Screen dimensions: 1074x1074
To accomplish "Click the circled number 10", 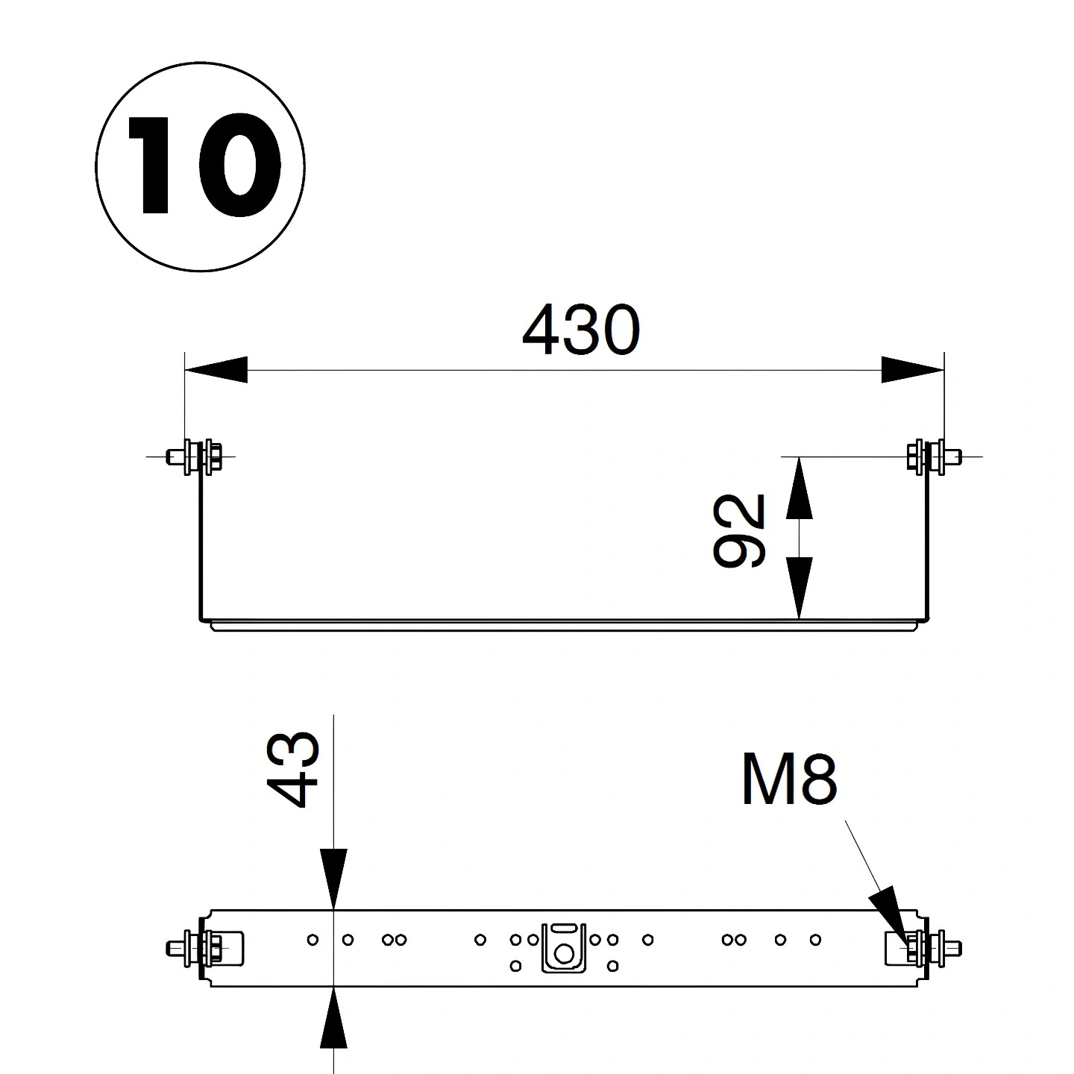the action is click(200, 166).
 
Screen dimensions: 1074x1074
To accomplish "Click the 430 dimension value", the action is click(581, 330).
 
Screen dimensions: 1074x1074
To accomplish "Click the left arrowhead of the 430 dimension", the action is click(216, 369).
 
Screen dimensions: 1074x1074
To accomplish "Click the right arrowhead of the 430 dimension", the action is click(912, 369).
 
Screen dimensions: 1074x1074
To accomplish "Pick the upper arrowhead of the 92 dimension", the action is click(799, 488).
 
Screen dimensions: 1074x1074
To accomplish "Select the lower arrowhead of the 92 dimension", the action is click(799, 588).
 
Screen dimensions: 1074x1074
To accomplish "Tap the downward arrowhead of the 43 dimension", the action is click(333, 879).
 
